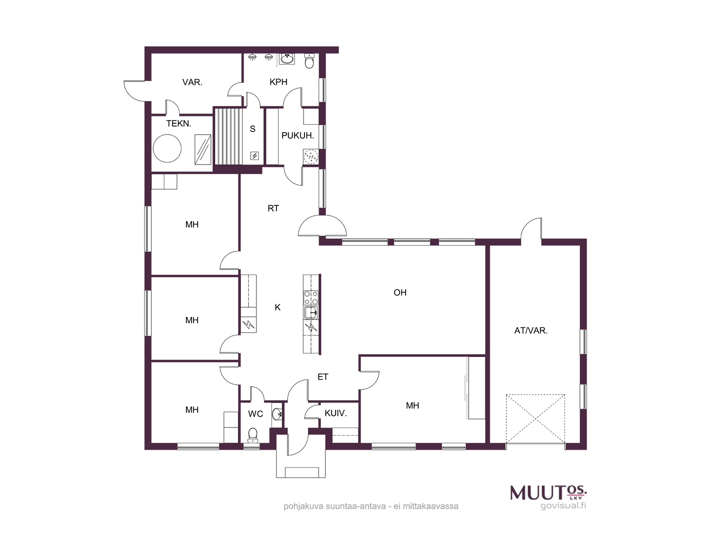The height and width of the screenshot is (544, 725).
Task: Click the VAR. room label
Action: [x=192, y=82]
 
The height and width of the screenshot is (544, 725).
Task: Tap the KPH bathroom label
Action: [x=278, y=82]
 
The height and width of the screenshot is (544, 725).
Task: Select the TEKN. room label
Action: [x=179, y=123]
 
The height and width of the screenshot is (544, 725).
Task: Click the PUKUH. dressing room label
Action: [x=298, y=136]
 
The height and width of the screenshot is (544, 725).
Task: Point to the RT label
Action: [x=273, y=208]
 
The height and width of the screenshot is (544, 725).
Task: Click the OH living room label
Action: [x=400, y=292]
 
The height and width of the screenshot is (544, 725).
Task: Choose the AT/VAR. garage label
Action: [x=531, y=330]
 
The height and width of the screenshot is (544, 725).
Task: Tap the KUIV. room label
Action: [x=336, y=413]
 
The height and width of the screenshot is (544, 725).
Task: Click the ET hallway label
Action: [x=323, y=377]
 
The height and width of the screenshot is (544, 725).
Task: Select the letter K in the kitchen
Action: [x=278, y=307]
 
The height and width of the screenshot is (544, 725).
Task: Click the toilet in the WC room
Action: [x=253, y=435]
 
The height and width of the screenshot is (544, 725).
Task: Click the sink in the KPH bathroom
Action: [x=287, y=59]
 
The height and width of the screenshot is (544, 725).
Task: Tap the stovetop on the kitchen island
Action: [x=311, y=297]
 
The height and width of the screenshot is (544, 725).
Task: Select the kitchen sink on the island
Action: [x=311, y=312]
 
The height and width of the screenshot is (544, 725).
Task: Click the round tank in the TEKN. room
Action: [x=167, y=148]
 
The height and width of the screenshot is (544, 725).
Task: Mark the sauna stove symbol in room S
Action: [x=254, y=155]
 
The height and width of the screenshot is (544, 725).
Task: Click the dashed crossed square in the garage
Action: [x=535, y=418]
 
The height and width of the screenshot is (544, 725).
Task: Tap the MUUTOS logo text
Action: [x=548, y=492]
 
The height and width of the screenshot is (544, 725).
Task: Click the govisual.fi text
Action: [x=563, y=505]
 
